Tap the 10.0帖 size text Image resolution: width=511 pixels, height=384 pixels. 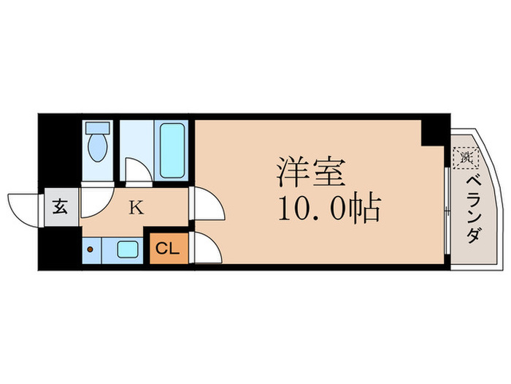(328, 210)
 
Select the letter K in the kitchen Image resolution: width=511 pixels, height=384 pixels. (136, 208)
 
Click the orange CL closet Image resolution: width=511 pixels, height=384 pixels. (167, 249)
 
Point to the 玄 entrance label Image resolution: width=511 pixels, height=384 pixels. (59, 207)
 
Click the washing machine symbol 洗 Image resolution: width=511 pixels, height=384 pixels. (464, 156)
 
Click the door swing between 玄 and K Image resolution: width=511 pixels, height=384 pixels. (93, 204)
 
